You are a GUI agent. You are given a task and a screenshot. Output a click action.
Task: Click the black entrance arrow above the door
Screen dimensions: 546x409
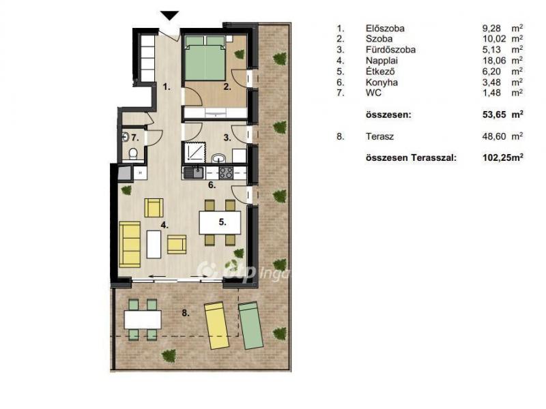(x=169, y=16)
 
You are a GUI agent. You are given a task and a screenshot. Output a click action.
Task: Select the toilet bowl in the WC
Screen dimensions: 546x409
(x=133, y=154)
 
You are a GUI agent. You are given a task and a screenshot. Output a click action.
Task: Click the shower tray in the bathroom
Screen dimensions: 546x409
(x=194, y=153)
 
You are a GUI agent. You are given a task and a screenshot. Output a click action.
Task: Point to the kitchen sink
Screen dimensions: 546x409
(x=194, y=172)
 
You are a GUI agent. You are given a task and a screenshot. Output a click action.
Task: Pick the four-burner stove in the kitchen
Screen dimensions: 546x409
(x=226, y=172)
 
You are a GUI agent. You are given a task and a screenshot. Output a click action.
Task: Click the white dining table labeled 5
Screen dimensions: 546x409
(x=220, y=223)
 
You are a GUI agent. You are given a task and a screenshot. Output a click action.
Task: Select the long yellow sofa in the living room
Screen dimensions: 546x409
(x=130, y=245)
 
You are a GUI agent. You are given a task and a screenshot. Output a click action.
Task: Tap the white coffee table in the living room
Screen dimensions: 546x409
(x=154, y=244)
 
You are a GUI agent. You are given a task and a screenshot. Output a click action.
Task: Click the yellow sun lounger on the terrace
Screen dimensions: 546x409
(x=216, y=325)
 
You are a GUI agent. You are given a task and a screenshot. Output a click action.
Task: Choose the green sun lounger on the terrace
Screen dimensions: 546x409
(x=250, y=325)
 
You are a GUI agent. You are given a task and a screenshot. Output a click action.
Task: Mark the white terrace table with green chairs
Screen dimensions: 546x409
(x=143, y=320)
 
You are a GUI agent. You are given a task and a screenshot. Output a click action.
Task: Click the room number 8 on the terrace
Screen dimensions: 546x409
(x=186, y=314)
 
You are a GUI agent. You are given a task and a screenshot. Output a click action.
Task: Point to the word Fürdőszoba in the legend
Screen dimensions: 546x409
(x=390, y=50)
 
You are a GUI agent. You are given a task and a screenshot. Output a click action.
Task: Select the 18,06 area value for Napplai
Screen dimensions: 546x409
(x=491, y=61)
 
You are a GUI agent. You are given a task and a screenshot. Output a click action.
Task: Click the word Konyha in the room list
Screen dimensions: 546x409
(x=382, y=82)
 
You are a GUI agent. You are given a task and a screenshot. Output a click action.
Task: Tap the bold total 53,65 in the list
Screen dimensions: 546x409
(x=493, y=115)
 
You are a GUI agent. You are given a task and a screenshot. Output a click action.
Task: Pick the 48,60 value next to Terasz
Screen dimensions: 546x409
(x=491, y=136)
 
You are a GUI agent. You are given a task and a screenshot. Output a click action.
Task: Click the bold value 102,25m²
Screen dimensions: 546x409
(x=503, y=157)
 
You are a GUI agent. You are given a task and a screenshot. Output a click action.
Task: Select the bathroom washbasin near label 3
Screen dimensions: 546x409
(x=218, y=159)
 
